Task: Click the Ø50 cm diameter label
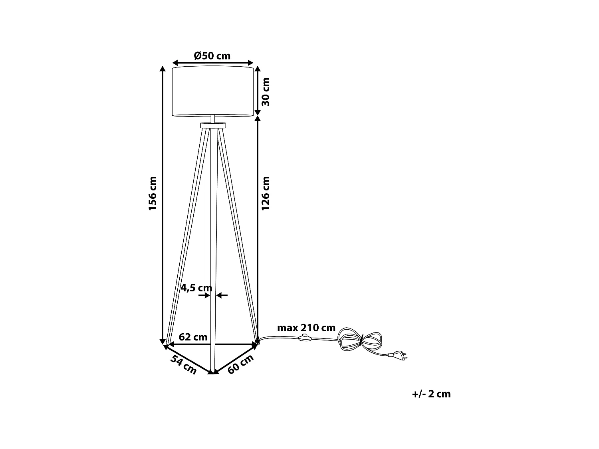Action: tap(212, 55)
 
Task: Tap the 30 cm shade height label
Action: tap(266, 91)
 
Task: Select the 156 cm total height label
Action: tap(153, 194)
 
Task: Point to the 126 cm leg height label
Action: tap(266, 194)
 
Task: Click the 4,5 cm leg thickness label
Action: tap(196, 287)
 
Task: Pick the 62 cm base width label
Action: tap(193, 337)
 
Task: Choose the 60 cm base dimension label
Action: tap(241, 364)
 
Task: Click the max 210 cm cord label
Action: tap(306, 328)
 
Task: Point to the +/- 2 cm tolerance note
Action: tap(431, 394)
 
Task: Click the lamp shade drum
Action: tap(212, 92)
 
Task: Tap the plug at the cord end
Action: tap(399, 355)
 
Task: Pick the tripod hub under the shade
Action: tap(212, 125)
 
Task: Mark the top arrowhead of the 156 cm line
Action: tap(163, 69)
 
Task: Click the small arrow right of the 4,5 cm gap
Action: tap(222, 295)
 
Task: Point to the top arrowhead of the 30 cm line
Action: tap(258, 69)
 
